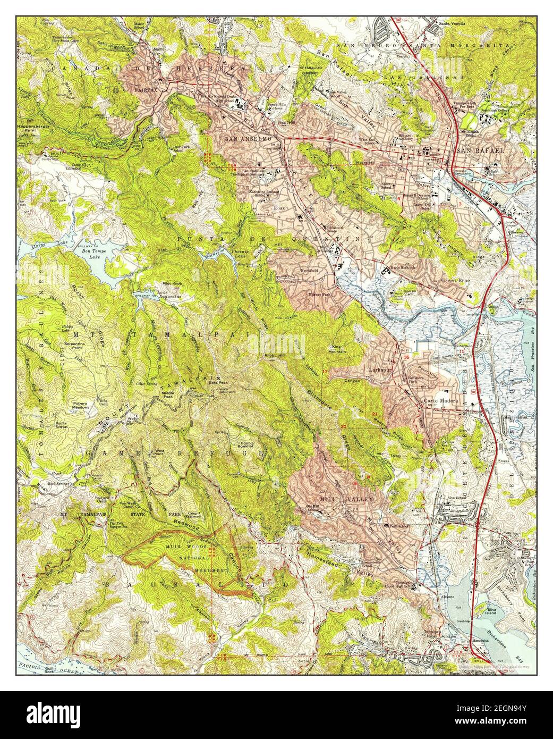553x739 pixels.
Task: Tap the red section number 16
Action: [x=407, y=357]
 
